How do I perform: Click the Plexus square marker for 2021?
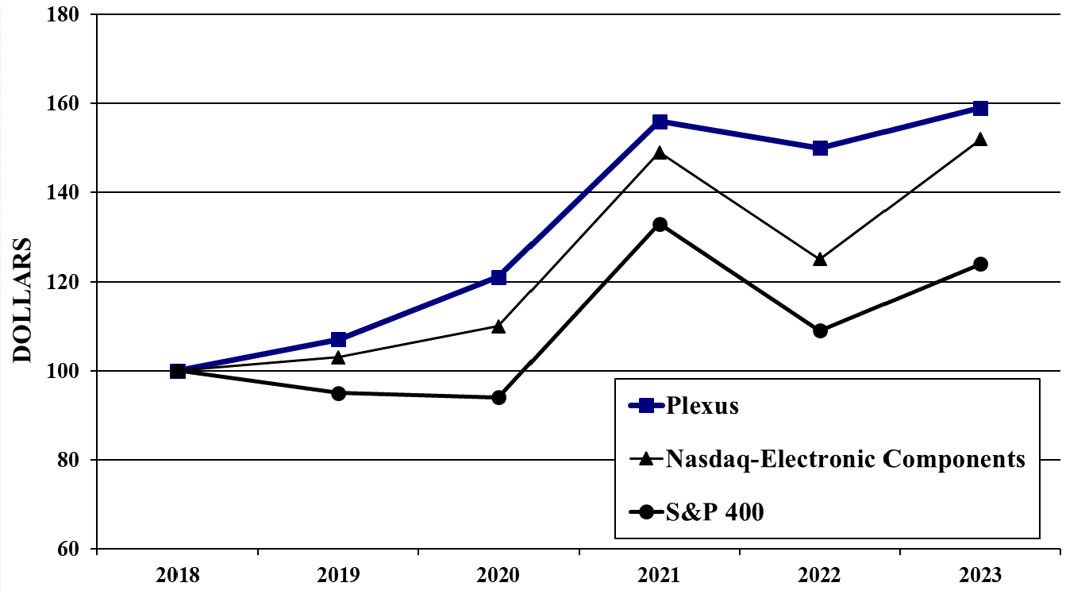[x=660, y=122]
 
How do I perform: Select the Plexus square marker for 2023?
[x=980, y=108]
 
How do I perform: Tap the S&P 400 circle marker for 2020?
[x=498, y=397]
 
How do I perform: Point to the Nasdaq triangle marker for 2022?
[x=820, y=259]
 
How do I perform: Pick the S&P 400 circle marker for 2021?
[x=660, y=225]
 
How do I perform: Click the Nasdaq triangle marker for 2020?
[x=498, y=326]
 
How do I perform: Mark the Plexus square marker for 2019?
[x=338, y=340]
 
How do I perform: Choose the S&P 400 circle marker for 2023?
[x=980, y=264]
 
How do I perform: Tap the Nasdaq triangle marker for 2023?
[x=980, y=139]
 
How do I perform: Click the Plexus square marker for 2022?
[x=820, y=148]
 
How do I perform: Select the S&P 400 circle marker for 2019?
[x=338, y=393]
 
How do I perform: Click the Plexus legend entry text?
[x=702, y=406]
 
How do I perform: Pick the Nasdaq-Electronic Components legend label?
[x=845, y=459]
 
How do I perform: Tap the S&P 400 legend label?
[x=715, y=512]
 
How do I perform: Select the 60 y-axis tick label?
[x=71, y=549]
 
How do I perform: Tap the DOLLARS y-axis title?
[x=23, y=299]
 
